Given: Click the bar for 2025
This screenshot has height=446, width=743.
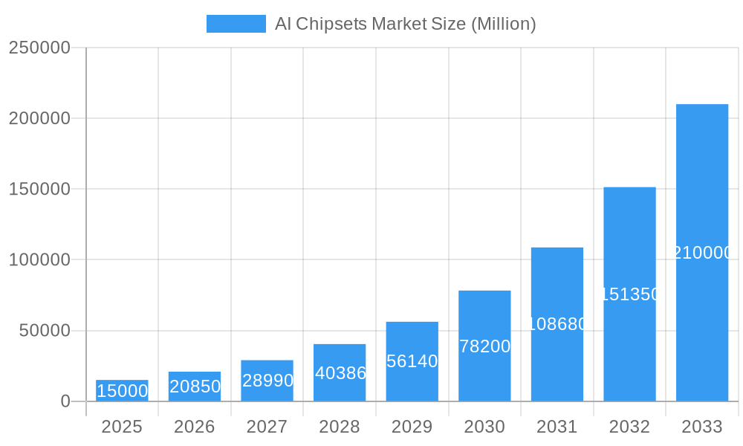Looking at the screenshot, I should point(122,391).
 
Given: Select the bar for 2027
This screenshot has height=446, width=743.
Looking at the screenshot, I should point(267,381).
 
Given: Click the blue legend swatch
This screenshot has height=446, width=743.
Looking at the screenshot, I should point(236,24).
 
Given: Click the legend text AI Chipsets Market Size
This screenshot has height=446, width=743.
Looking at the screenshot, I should point(405,24).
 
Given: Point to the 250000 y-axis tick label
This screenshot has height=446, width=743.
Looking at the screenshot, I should point(39,48).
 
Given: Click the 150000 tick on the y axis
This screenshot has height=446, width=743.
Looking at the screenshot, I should point(39,189).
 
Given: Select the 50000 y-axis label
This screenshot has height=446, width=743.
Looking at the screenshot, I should point(45,331).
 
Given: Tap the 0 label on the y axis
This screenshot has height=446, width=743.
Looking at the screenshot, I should point(65,401).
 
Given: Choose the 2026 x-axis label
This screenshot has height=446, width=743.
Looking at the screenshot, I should point(194,427).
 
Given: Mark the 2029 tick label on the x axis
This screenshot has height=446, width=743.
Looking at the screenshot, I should point(412,427).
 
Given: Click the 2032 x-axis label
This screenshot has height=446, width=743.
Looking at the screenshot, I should point(629,427).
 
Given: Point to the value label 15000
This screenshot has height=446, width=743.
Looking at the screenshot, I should point(122,391).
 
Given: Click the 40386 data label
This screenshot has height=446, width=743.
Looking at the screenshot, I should point(340,373).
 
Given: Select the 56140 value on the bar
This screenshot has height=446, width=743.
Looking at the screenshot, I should point(412,361).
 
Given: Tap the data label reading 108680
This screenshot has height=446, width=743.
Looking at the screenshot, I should point(557,324).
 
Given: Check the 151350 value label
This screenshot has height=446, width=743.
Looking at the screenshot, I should point(629,294).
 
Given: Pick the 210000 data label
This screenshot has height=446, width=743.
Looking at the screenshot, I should point(702,253).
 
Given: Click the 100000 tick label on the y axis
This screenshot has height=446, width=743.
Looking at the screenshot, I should point(39,260).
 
